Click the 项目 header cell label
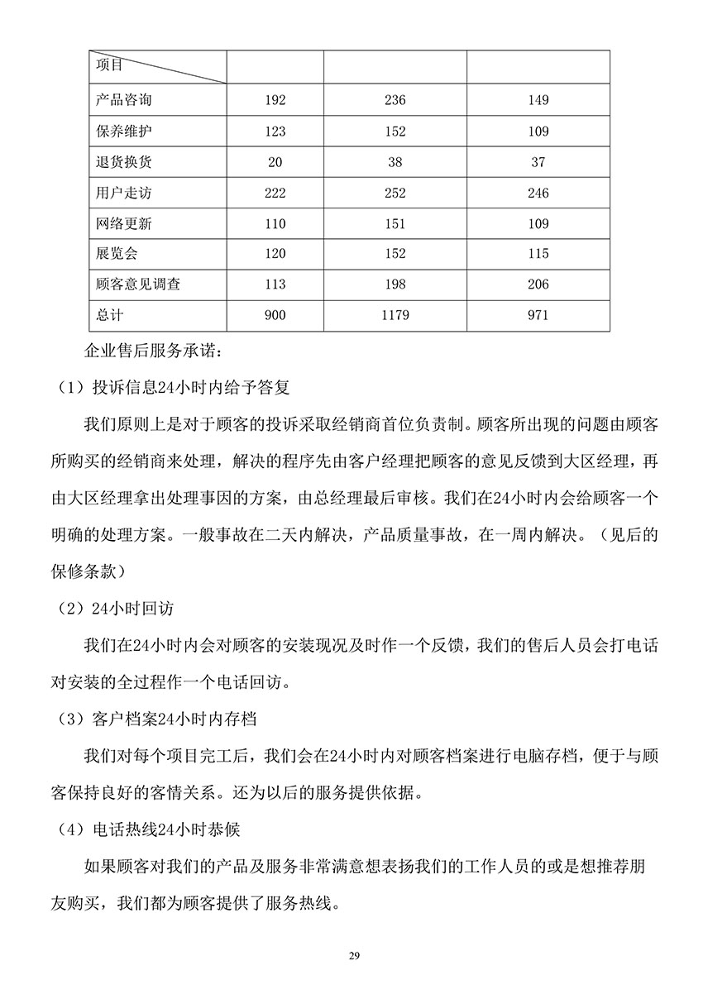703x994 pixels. tap(108, 64)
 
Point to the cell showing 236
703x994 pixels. tap(395, 100)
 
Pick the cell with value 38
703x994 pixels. tap(395, 162)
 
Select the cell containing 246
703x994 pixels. tap(538, 193)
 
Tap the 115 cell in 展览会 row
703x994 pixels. tap(538, 254)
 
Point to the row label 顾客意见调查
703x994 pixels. tap(137, 284)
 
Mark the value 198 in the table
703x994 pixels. tap(395, 284)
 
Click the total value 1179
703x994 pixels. tap(395, 315)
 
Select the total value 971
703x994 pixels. tap(538, 315)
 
